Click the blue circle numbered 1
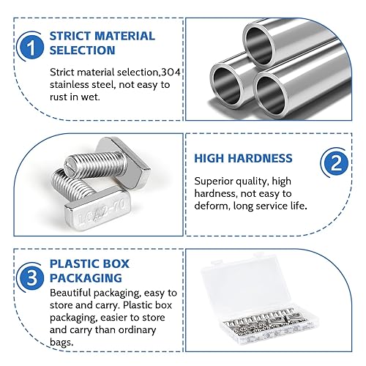pyautogui.click(x=31, y=47)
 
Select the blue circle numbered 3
pyautogui.click(x=31, y=277)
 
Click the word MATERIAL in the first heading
pyautogui.click(x=124, y=36)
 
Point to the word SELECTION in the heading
pyautogui.click(x=83, y=50)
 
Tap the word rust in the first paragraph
pyautogui.click(x=58, y=97)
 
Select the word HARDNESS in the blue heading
pyautogui.click(x=261, y=158)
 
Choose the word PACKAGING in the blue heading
pyautogui.click(x=86, y=278)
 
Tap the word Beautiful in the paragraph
pyautogui.click(x=70, y=293)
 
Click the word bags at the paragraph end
pyautogui.click(x=61, y=342)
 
